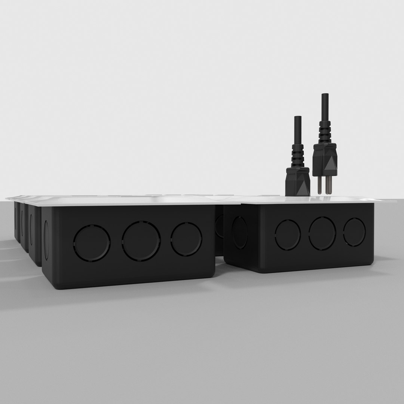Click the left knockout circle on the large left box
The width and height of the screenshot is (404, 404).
click(92, 243)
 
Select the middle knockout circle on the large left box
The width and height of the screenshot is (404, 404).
click(141, 241)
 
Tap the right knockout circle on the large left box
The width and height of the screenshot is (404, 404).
click(186, 239)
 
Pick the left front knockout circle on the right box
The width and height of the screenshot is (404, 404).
click(288, 235)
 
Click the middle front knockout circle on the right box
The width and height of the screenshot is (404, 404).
click(322, 233)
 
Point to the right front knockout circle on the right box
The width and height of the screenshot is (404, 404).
click(354, 232)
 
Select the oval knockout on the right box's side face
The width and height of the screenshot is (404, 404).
click(239, 232)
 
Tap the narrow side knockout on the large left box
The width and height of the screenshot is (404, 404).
click(46, 240)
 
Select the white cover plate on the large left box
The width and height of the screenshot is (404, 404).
click(127, 201)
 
